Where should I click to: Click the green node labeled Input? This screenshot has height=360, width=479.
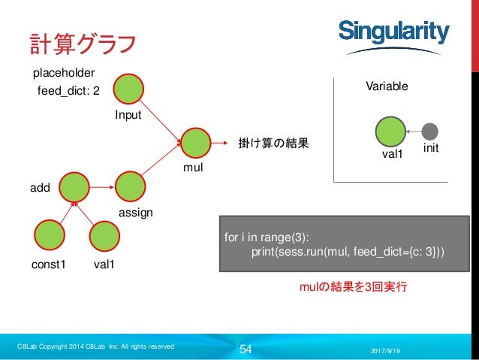[129, 89]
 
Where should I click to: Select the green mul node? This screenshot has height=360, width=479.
[195, 142]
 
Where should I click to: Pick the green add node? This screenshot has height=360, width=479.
[74, 187]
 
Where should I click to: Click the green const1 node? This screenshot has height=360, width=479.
[49, 235]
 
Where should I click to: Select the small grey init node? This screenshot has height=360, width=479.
[429, 131]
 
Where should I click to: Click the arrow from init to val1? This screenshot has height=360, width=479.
[413, 131]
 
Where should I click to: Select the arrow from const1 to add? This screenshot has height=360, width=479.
[62, 210]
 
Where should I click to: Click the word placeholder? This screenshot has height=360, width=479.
[63, 73]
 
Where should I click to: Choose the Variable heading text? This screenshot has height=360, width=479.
[387, 86]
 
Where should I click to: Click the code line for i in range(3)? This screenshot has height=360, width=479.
[268, 238]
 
